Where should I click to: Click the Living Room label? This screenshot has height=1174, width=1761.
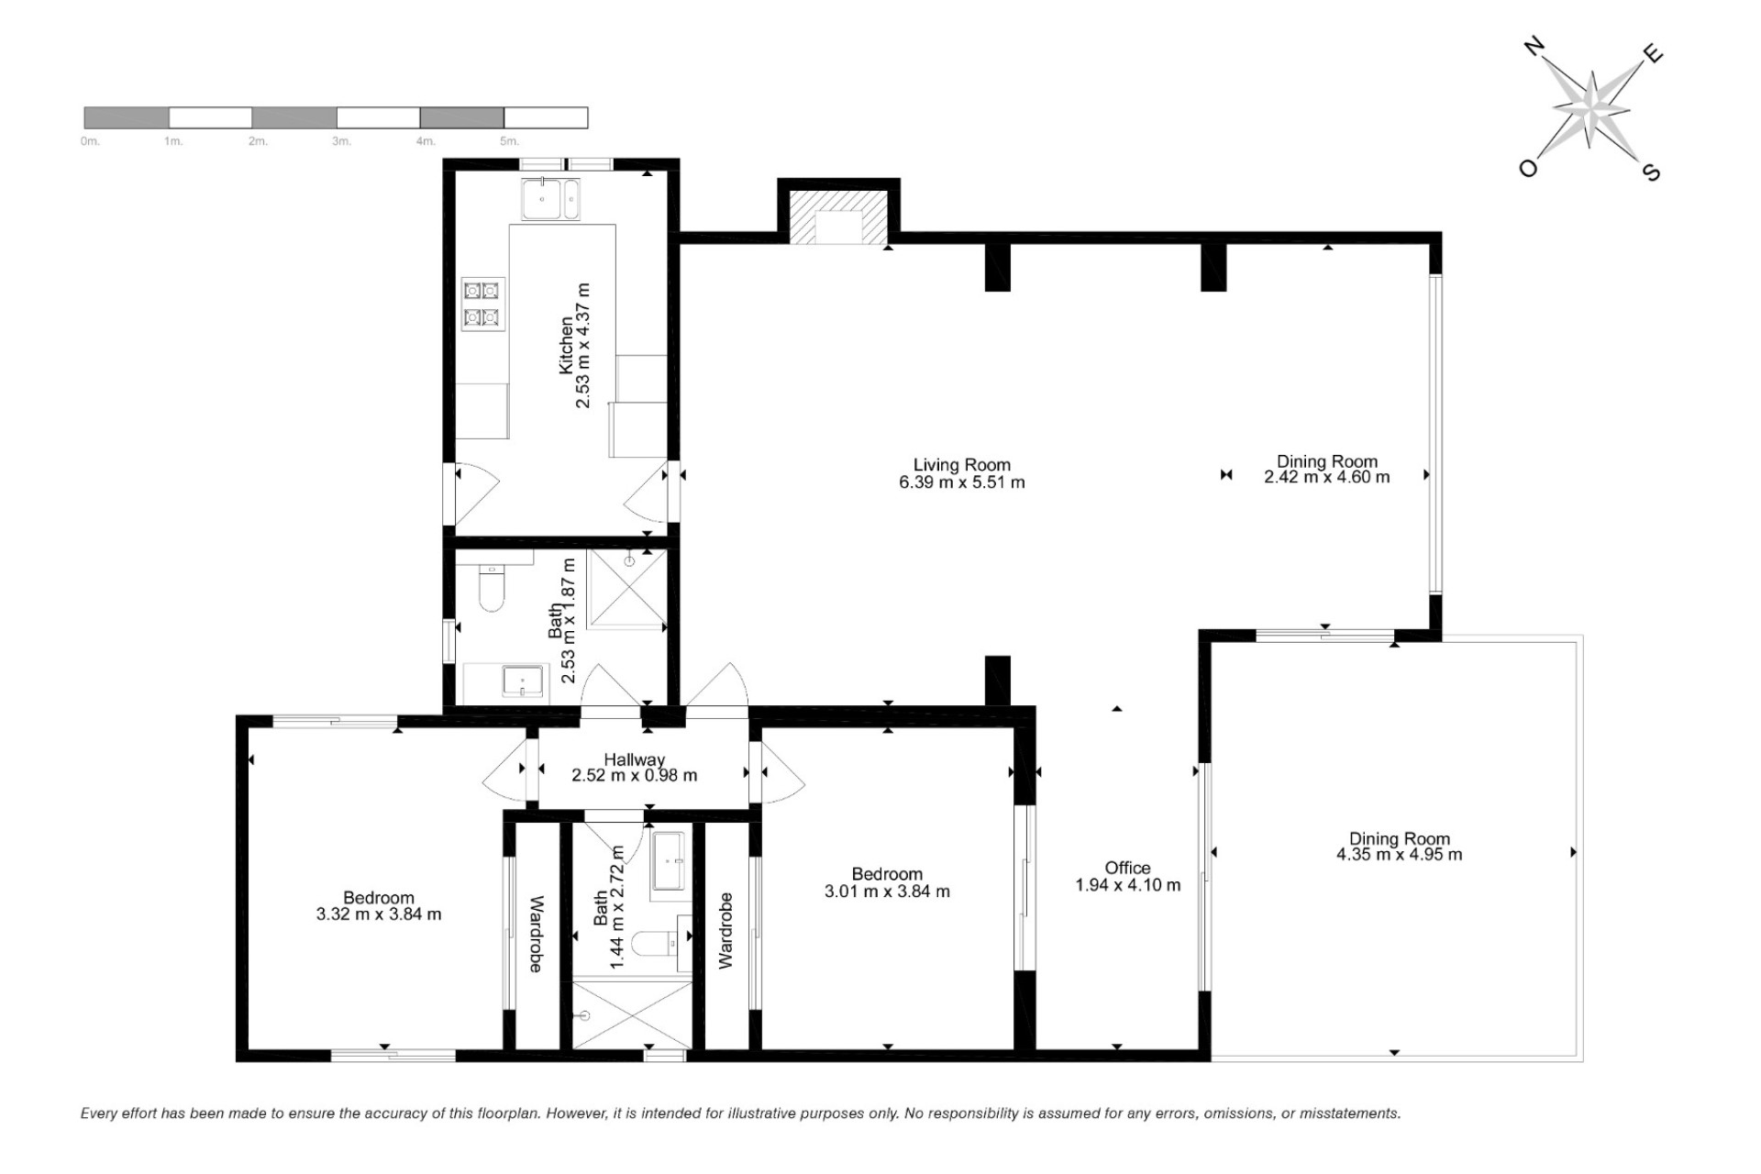point(962,465)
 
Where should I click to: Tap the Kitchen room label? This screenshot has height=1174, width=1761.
point(566,345)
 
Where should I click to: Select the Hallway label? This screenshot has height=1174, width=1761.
point(635,759)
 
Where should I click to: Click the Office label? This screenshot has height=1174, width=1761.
point(1127,868)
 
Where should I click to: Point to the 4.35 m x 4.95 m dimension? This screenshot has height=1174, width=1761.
point(1400,855)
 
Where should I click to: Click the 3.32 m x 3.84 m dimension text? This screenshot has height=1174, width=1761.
point(379,914)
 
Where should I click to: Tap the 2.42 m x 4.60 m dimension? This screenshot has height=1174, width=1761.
point(1327,477)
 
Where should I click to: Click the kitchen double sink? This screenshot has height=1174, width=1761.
point(550,200)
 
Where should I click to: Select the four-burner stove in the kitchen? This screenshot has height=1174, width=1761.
point(482,305)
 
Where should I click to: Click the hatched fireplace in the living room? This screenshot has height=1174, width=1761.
point(838,216)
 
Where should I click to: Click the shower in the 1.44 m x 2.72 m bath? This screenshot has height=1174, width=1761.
point(631,1014)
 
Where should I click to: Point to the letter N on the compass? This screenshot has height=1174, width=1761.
point(1532,48)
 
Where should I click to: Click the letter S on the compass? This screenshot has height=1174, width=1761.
point(1651,172)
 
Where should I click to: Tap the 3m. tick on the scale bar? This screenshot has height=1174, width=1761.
point(341,141)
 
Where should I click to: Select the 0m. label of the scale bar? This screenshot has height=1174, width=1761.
point(90,141)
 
